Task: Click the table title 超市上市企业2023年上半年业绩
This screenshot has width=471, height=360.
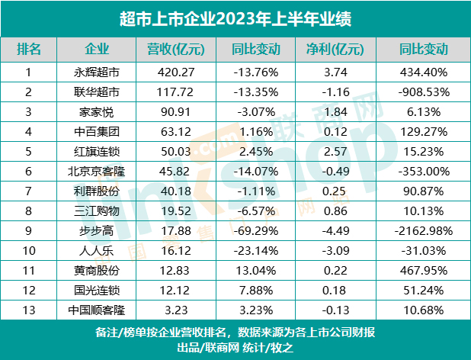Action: coord(235,17)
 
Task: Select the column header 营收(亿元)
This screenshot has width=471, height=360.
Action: coord(175,50)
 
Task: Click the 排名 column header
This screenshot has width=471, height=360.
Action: coord(29,50)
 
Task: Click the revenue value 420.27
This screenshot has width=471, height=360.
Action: coord(175,73)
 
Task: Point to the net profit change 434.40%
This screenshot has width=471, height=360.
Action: coord(423,73)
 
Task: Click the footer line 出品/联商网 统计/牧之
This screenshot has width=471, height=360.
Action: coord(235,348)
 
